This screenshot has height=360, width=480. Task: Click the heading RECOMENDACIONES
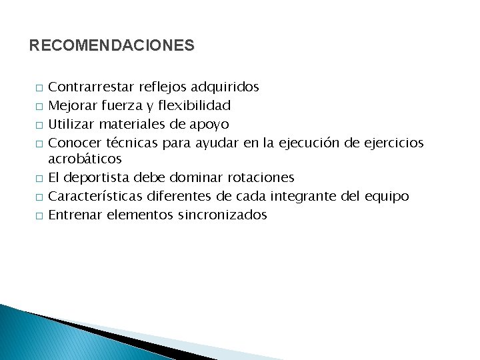tap(112, 46)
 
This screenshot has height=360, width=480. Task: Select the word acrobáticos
tap(85, 159)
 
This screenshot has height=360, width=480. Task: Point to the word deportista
tap(99, 178)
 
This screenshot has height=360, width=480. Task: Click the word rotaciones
tap(261, 178)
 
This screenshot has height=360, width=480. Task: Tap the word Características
tap(96, 196)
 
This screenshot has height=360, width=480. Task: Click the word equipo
tap(387, 197)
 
